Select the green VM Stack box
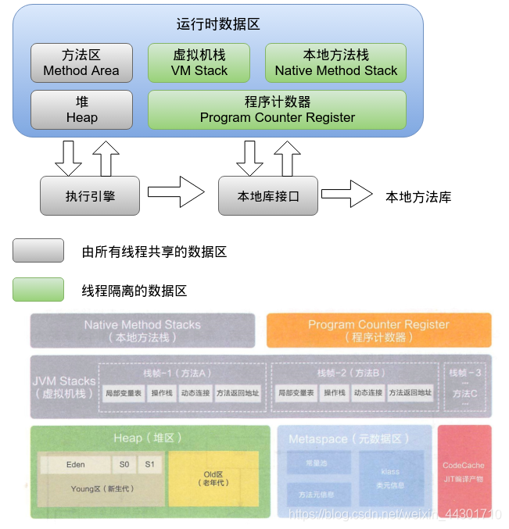pos(199,63)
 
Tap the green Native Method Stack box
pos(335,63)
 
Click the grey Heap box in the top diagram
pos(81,110)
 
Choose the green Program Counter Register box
pos(277,110)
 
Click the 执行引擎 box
pos(90,195)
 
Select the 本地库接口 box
pos(268,195)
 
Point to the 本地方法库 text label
pos(418,197)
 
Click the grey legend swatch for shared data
pos(38,251)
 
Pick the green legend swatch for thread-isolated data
pos(38,290)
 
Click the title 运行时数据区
pos(218,24)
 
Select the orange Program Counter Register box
pos(378,331)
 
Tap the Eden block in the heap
pos(76,464)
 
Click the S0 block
pos(124,464)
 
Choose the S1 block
pos(150,464)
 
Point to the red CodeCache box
pos(464,471)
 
